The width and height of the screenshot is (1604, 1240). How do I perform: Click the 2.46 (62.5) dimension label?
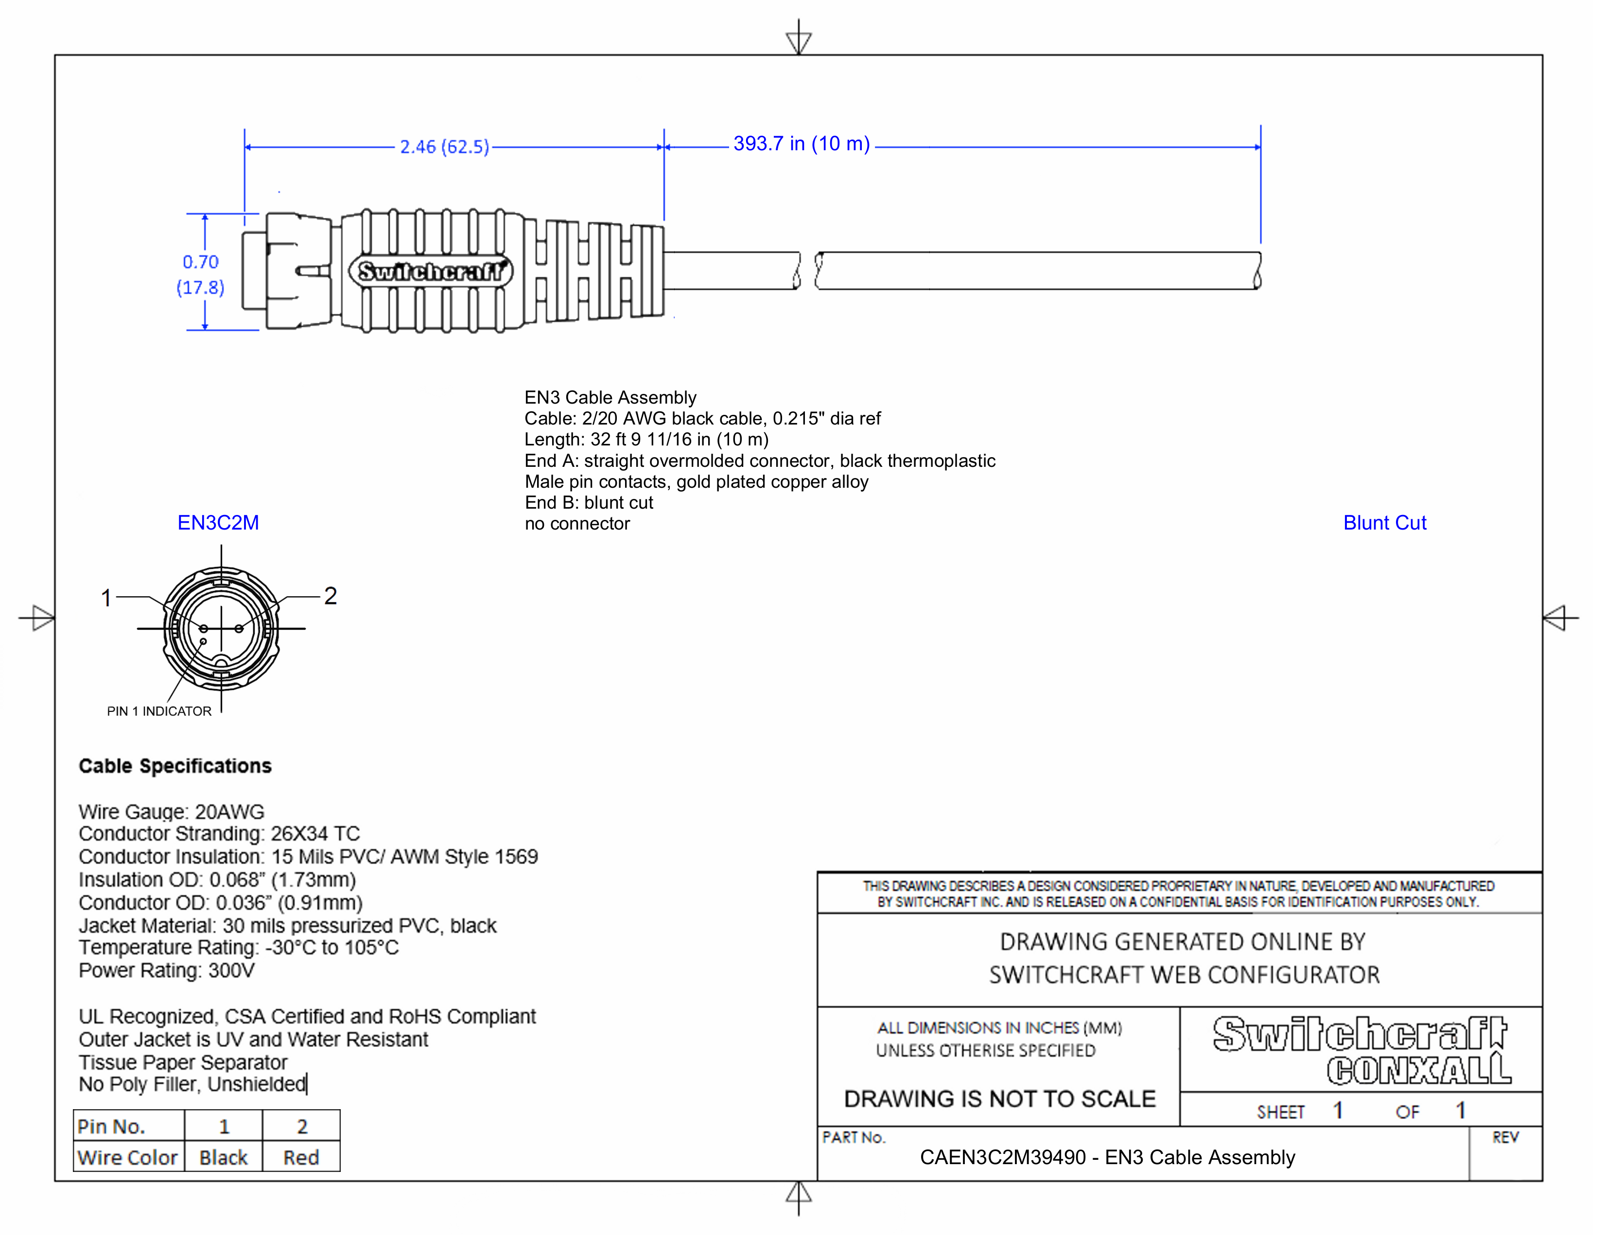click(x=444, y=147)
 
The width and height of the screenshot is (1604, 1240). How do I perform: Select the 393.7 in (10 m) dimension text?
click(x=801, y=144)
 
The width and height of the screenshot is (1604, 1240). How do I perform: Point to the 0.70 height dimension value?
click(x=200, y=262)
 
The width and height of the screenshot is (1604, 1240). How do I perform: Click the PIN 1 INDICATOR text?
click(x=159, y=711)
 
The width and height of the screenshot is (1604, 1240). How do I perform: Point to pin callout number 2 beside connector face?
click(x=331, y=596)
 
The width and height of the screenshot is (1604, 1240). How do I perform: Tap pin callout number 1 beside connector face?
click(x=106, y=598)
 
